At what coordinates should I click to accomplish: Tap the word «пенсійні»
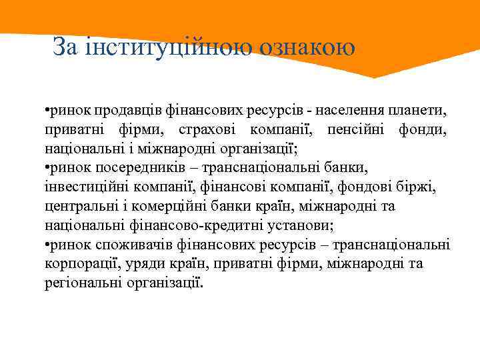(x=360, y=129)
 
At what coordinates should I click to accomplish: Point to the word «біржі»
(x=419, y=187)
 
